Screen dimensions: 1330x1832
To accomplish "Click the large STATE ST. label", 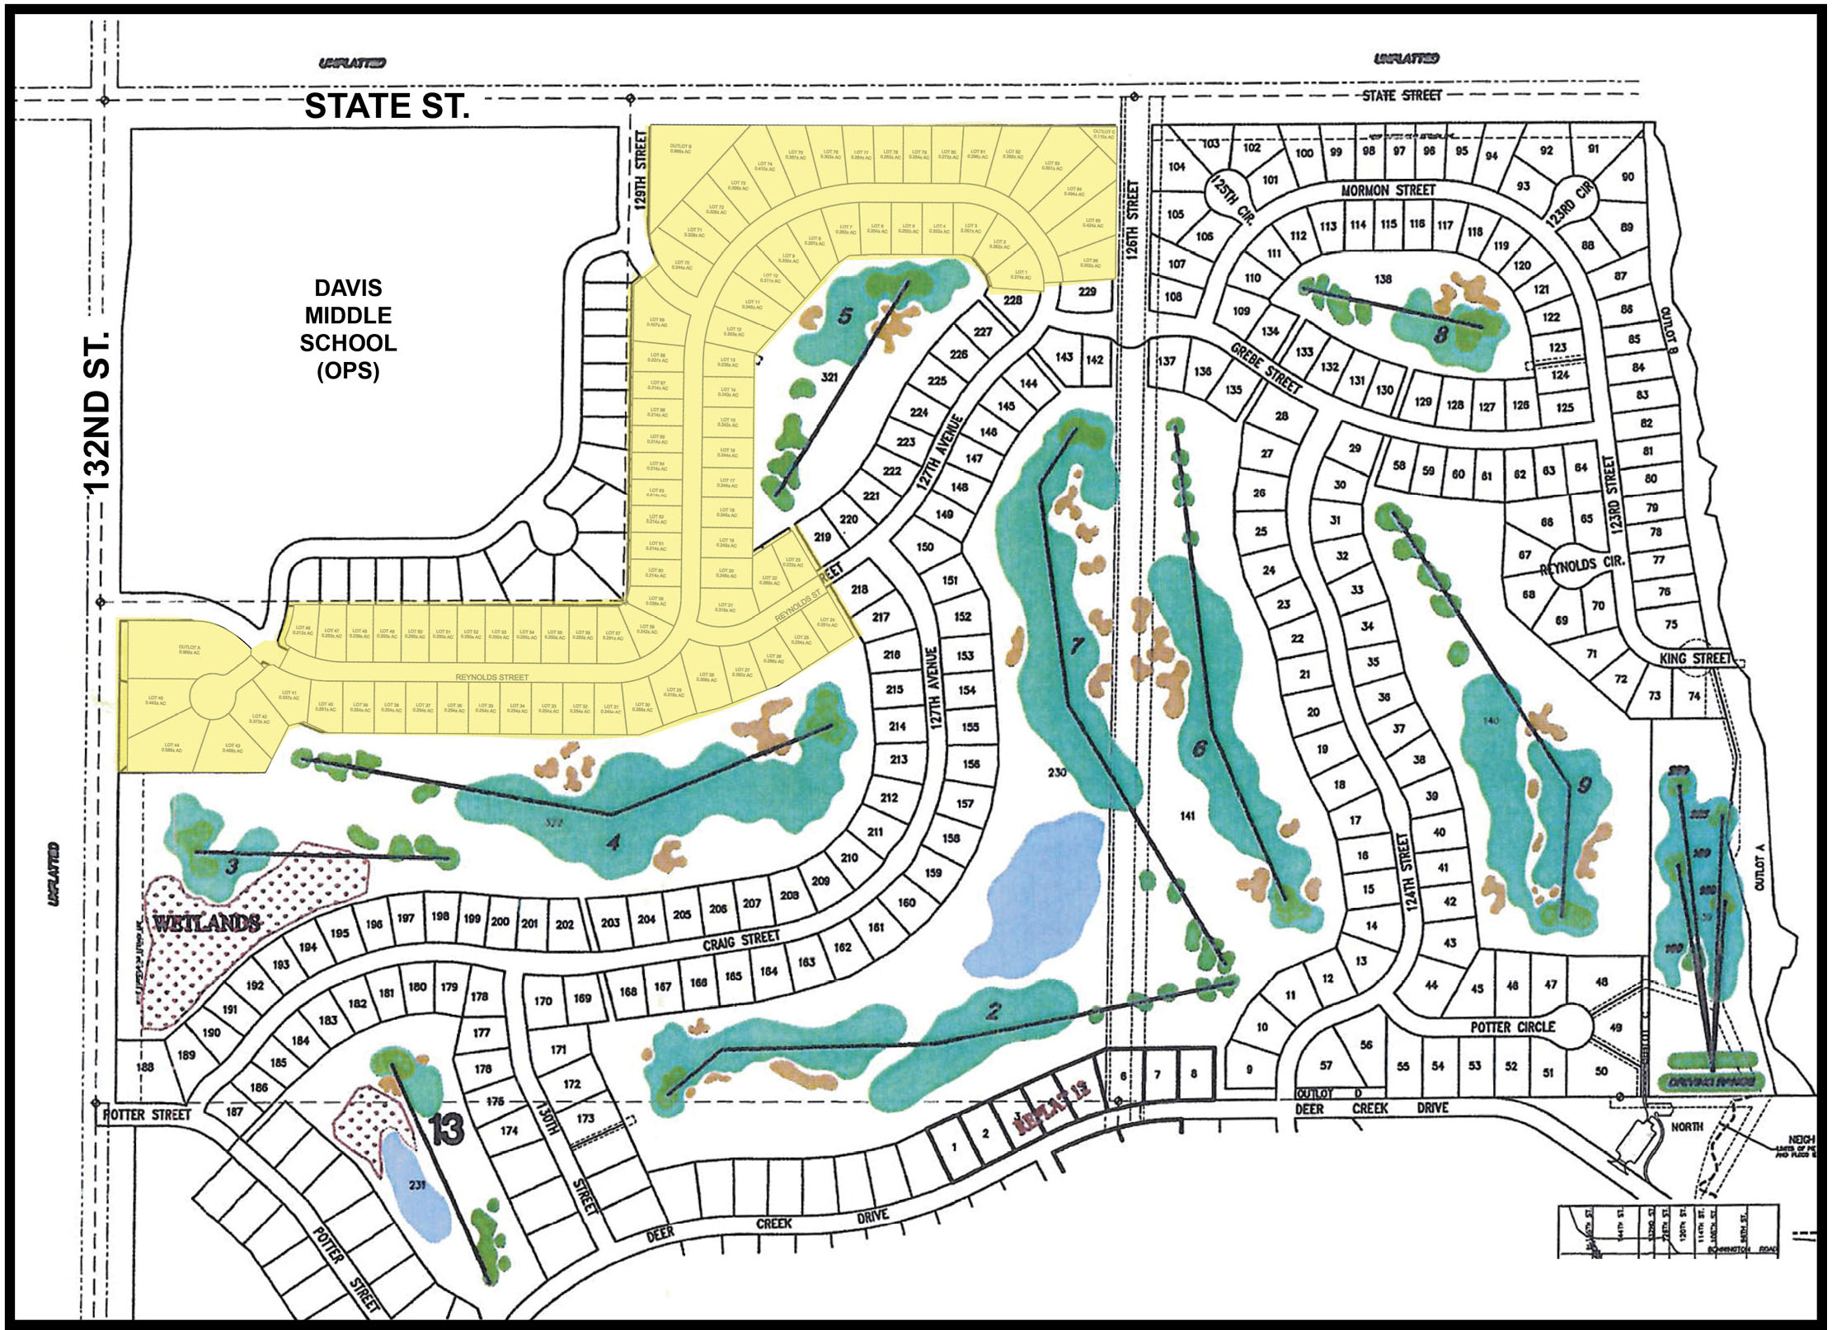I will [387, 106].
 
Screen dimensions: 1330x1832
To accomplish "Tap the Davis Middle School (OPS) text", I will [348, 329].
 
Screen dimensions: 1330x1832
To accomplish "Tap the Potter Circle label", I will [1513, 1027].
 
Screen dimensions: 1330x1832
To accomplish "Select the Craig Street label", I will [740, 940].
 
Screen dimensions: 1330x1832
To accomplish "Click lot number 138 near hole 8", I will [1383, 279].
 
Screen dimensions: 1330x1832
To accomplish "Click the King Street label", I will [1694, 658].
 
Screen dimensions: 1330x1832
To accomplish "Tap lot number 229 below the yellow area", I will [1087, 291].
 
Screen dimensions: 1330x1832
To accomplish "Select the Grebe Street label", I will [1265, 368].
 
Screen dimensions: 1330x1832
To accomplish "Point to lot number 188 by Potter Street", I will [144, 1067].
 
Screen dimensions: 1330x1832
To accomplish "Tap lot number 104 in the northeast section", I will [1177, 167].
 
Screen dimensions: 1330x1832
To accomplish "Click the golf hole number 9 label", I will [1583, 786].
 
